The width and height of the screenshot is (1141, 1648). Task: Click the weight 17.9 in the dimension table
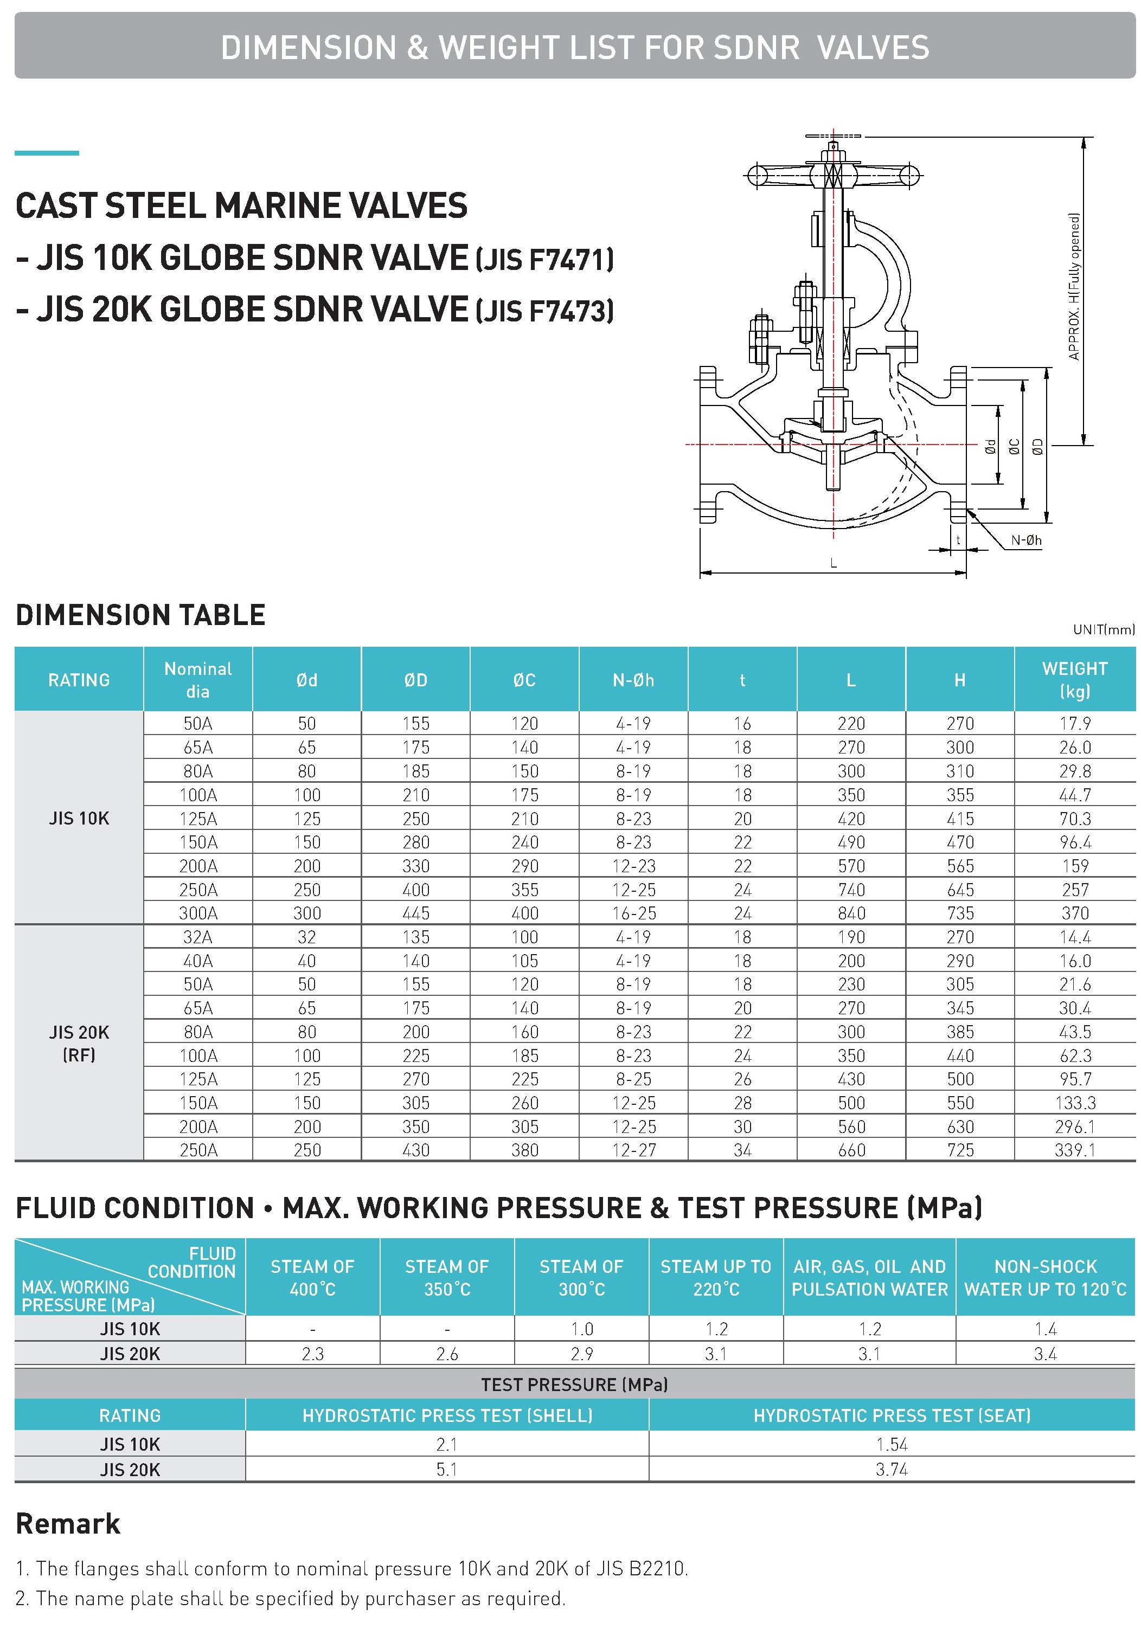(1074, 723)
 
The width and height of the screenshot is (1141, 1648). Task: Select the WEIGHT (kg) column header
(1074, 680)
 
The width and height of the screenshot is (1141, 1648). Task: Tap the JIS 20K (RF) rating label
(79, 1044)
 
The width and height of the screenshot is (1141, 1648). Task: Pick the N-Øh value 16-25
(633, 913)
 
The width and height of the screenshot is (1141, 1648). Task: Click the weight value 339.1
(1074, 1150)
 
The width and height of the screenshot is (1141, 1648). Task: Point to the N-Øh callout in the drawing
(1026, 540)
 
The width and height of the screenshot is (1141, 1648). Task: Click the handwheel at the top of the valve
(834, 173)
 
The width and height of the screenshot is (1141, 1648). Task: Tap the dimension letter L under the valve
(834, 563)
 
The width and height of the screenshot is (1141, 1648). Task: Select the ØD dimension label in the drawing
(1038, 447)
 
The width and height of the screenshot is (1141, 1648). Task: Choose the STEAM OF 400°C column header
(312, 1278)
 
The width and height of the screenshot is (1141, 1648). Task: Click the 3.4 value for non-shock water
(1045, 1354)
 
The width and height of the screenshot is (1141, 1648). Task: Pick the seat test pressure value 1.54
(892, 1444)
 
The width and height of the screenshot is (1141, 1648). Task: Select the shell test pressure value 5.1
(447, 1469)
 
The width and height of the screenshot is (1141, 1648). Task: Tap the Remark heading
(68, 1524)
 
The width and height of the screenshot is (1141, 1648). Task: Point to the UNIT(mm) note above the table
(1103, 629)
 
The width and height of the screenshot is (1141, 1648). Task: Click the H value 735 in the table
(960, 913)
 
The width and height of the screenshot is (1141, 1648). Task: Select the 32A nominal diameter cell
(198, 937)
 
